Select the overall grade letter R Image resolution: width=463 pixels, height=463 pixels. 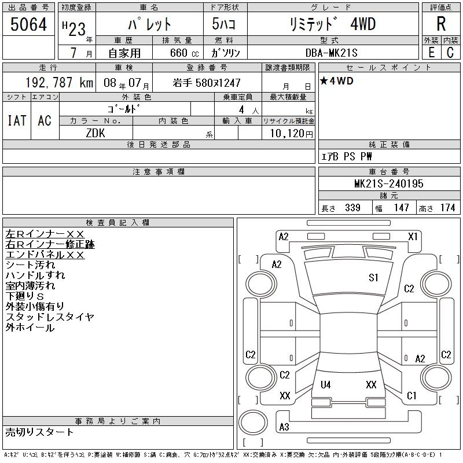tap(441, 24)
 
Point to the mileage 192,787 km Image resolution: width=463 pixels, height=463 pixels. tap(60, 83)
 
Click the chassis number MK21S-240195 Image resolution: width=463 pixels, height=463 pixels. tap(389, 183)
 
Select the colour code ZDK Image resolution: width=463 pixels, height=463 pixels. tap(95, 134)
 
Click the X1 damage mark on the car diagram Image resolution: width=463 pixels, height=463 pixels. tap(413, 236)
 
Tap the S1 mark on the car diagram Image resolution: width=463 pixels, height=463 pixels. tap(373, 278)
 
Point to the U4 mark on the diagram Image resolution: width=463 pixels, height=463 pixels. tap(325, 384)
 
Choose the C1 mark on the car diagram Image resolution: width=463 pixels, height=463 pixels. tap(411, 396)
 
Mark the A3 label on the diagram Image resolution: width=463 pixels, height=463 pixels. tap(284, 427)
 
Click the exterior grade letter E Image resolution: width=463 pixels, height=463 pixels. tap(431, 53)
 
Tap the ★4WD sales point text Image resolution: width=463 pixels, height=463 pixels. tap(337, 81)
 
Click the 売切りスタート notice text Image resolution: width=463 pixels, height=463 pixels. tap(40, 432)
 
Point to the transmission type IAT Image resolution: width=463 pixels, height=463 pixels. tap(16, 120)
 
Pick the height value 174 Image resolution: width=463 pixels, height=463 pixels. tap(447, 208)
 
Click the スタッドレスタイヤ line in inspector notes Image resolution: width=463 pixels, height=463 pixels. tap(50, 317)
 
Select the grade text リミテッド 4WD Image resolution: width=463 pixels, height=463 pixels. tap(332, 24)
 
